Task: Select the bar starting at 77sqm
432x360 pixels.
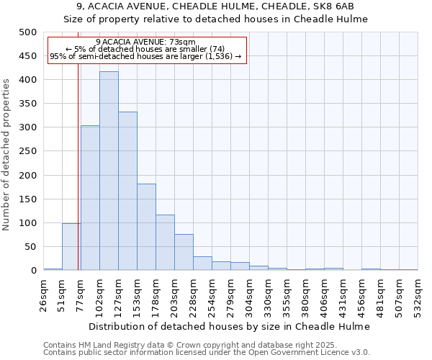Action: (90, 198)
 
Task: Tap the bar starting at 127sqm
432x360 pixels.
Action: (127, 192)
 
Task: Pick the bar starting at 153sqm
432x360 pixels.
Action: (146, 227)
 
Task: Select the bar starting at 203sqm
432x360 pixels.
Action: (184, 252)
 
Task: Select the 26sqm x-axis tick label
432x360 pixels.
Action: (43, 294)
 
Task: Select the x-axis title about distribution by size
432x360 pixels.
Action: (230, 327)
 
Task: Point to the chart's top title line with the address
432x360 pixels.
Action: (215, 6)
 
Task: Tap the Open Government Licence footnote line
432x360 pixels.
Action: (206, 353)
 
